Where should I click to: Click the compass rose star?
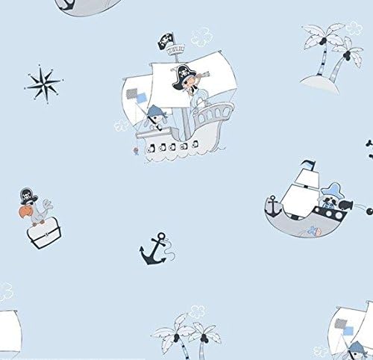point(44,81)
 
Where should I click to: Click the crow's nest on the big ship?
point(176,52)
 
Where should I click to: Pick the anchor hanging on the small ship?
point(274,202)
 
